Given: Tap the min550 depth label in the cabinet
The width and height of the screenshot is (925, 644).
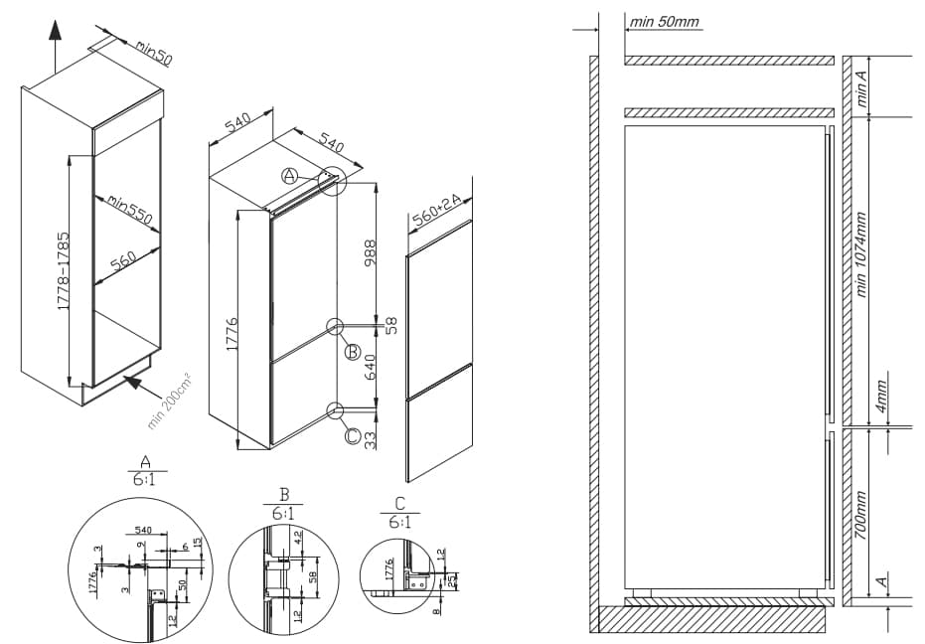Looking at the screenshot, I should (131, 210).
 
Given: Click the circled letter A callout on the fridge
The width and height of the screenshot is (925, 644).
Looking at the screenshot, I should (289, 176).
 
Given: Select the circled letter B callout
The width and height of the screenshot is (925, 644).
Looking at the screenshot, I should (352, 351).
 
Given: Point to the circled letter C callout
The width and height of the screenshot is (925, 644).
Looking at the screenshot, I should (352, 433).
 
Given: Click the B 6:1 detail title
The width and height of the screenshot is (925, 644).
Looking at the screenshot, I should (284, 505).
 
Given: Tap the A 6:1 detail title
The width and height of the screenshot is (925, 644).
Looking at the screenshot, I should (146, 470).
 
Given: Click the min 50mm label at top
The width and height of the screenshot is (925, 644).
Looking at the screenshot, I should (665, 21).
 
